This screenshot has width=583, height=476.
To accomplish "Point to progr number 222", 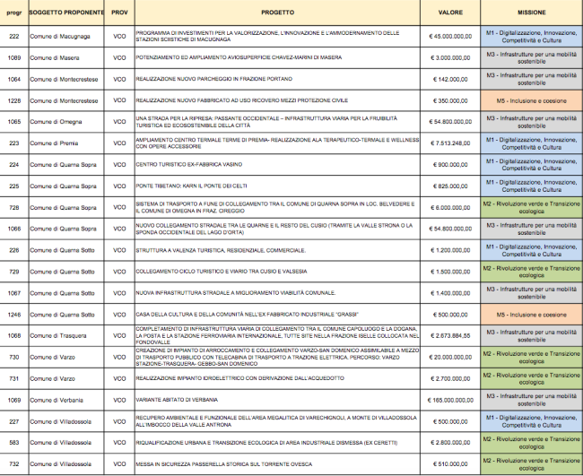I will (x=13, y=37).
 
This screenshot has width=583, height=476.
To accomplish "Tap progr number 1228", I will (x=13, y=101).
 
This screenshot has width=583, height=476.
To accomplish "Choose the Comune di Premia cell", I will (x=53, y=143).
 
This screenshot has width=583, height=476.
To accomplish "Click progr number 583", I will (x=13, y=443).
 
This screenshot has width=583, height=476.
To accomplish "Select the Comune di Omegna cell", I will (x=54, y=122).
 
